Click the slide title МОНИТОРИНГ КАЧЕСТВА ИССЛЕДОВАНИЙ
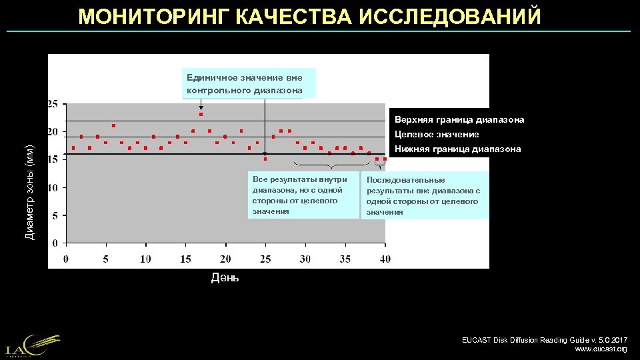coord(309,16)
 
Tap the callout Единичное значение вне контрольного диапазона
coord(248,83)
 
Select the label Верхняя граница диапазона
coord(459,120)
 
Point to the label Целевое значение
coord(437,135)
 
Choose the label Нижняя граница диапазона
coord(457,149)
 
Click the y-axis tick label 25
coord(52,104)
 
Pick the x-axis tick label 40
coord(385,259)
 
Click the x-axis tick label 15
coord(185,259)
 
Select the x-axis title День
coord(225,277)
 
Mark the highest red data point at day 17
coord(201,115)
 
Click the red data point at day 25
coord(265,159)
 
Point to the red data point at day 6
coord(113,126)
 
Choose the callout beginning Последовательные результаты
coord(425,195)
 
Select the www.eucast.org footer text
coord(601,349)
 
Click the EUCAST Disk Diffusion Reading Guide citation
coord(544,340)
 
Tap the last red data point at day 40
coord(385,159)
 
